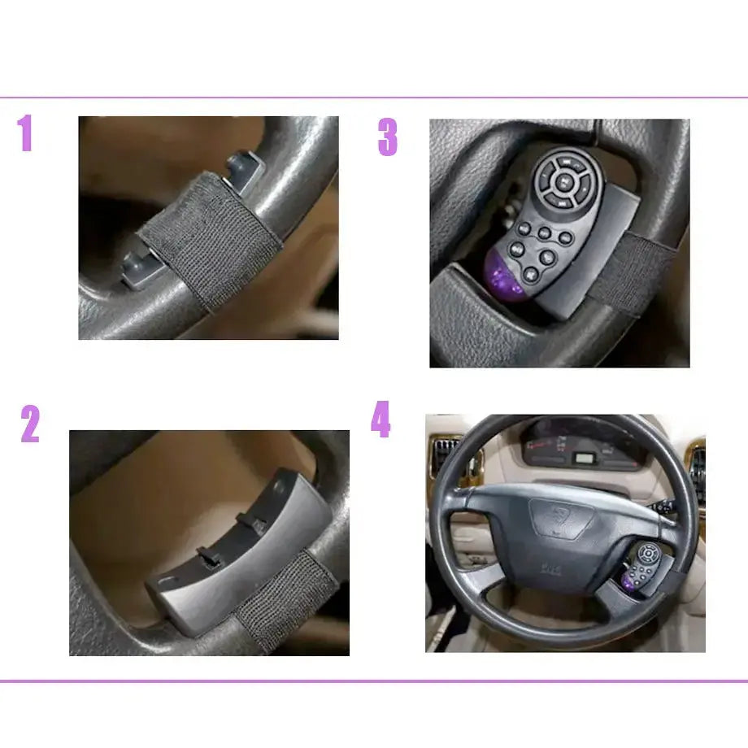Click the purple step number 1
tap(25, 133)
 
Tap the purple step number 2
tap(29, 424)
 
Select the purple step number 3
tap(387, 137)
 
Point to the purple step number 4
tap(381, 419)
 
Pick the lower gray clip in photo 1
tap(137, 269)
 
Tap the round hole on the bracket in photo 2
tap(279, 485)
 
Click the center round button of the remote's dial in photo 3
tap(564, 182)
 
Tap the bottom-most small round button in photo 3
tap(531, 274)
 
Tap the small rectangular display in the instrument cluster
tap(584, 458)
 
